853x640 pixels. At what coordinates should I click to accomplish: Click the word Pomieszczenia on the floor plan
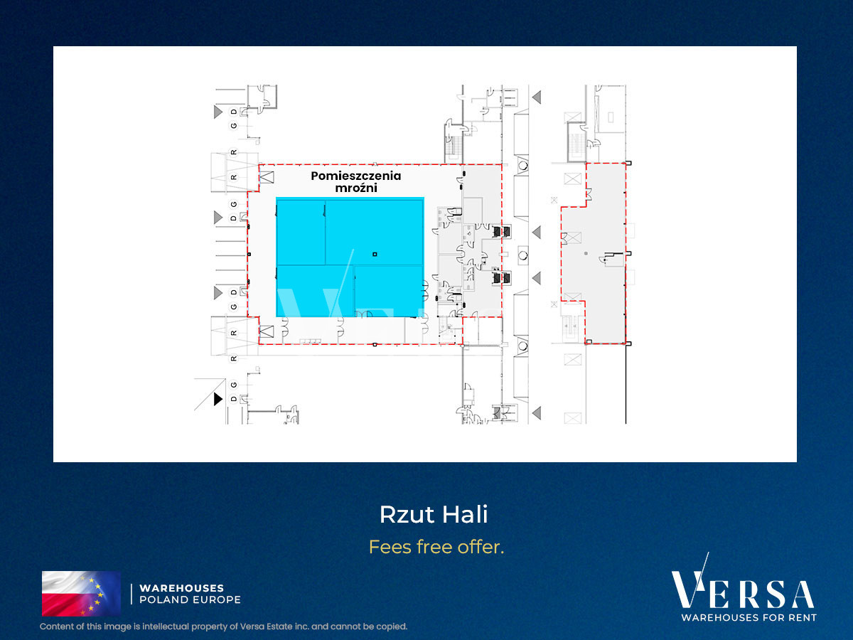[355, 176]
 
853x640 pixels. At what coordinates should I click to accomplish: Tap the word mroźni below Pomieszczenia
[356, 188]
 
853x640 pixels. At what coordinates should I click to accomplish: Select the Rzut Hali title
[434, 514]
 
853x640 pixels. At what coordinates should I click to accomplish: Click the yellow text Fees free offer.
[436, 547]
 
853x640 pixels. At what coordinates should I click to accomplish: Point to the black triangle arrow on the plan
[218, 399]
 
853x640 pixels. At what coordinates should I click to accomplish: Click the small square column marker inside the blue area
[375, 254]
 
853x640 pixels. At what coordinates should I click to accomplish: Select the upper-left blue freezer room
[301, 233]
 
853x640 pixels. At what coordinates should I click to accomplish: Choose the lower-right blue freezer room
[389, 291]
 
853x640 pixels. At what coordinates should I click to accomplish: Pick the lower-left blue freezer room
[315, 291]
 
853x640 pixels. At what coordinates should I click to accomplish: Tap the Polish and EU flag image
[81, 593]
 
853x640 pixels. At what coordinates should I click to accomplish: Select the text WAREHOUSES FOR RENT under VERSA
[749, 617]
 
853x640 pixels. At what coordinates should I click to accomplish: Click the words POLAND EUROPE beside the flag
[190, 599]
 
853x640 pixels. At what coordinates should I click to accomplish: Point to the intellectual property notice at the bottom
[223, 626]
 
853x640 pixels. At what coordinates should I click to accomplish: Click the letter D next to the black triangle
[234, 399]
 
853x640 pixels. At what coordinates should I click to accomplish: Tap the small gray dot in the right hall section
[586, 253]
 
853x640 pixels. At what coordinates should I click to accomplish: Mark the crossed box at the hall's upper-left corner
[267, 177]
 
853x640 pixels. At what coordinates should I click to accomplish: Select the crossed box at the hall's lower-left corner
[267, 331]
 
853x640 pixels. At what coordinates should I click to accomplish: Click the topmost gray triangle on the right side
[537, 97]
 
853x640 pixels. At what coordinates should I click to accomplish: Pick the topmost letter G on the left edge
[234, 126]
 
